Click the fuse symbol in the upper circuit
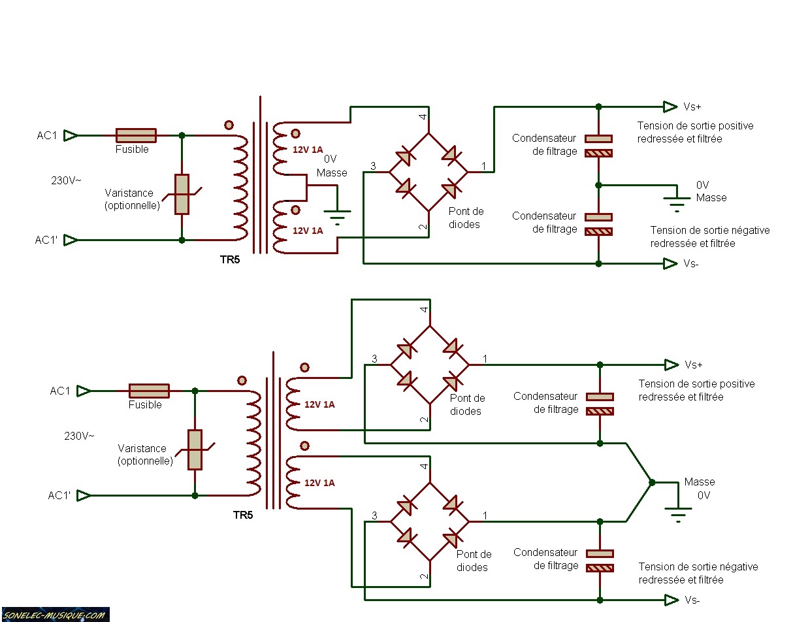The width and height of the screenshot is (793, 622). tap(136, 135)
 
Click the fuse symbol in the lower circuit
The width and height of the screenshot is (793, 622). tap(149, 391)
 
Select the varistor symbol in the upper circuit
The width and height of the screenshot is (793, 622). tap(182, 194)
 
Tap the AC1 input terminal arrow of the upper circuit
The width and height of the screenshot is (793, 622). tap(71, 135)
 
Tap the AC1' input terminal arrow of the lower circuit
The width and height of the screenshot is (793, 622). tap(84, 495)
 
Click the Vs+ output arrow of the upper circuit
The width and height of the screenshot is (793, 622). tap(670, 106)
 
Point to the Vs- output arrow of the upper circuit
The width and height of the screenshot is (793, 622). tap(670, 263)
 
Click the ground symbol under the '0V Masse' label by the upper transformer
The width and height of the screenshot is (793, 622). tap(337, 216)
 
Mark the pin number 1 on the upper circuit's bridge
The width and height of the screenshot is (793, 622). tap(484, 167)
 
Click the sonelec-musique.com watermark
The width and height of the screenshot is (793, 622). tap(54, 615)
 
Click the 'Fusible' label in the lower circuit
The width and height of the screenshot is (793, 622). tap(145, 405)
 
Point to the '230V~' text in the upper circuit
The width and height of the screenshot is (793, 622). tap(67, 180)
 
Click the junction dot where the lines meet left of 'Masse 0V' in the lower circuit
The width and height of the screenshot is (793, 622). tap(651, 482)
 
